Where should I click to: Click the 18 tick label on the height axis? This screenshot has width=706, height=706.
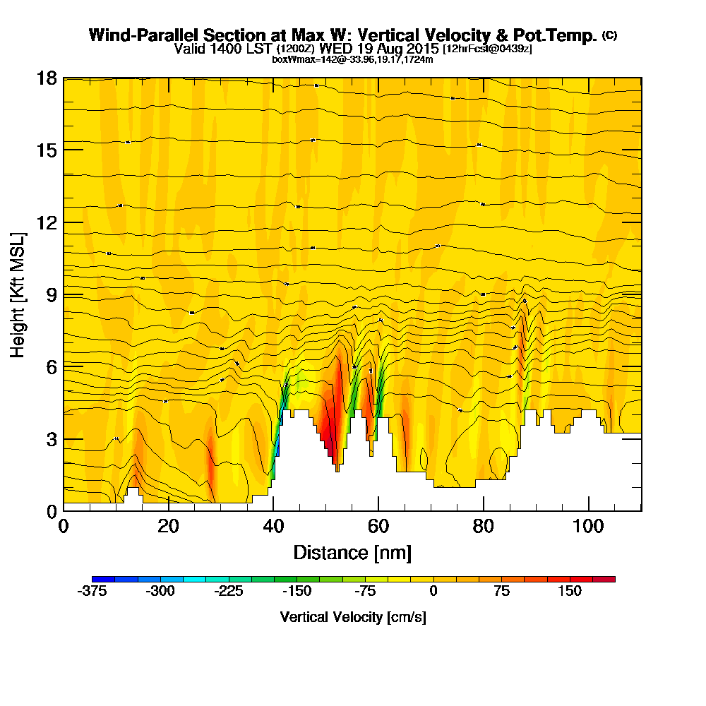(46, 78)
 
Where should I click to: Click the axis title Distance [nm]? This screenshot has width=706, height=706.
(352, 552)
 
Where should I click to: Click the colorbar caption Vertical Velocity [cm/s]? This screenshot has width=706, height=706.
(353, 617)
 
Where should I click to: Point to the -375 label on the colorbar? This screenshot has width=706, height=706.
(91, 592)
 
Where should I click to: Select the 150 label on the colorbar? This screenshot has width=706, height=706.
(569, 592)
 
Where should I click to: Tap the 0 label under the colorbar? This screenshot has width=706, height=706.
(433, 592)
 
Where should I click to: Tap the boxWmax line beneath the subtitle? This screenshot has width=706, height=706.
(352, 59)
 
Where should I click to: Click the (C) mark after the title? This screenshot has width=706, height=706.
(609, 35)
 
